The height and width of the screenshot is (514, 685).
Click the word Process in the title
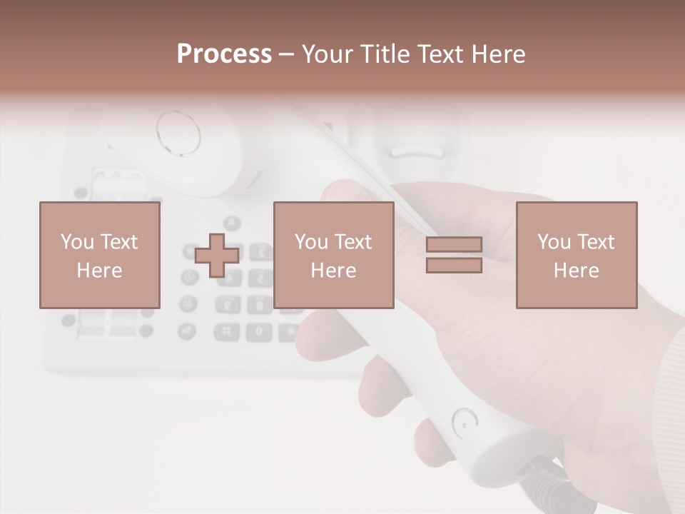click(x=224, y=54)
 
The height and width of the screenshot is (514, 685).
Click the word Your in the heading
click(x=327, y=54)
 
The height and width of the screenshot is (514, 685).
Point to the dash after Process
click(x=286, y=55)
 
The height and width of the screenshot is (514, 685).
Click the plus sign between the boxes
click(x=217, y=256)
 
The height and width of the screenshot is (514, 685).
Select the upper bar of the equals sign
click(x=454, y=245)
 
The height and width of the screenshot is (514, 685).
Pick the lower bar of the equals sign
click(x=454, y=266)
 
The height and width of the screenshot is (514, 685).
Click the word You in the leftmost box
click(x=76, y=241)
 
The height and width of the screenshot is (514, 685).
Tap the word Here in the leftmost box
click(x=99, y=271)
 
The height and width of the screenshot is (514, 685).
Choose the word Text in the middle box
click(x=354, y=241)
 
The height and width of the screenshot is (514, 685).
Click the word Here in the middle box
click(x=333, y=271)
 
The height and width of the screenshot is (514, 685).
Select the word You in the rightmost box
click(x=553, y=241)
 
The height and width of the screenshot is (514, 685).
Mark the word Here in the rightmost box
click(x=576, y=271)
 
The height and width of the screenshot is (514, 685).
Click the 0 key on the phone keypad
click(x=259, y=331)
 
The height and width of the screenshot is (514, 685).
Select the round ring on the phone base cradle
click(x=178, y=132)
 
